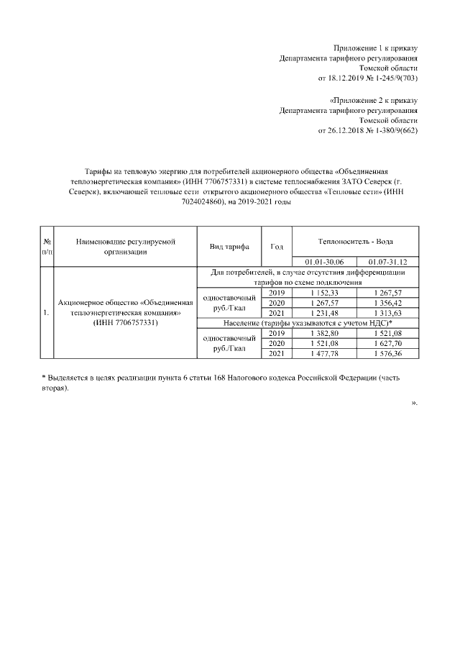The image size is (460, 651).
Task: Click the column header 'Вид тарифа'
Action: pyautogui.click(x=229, y=247)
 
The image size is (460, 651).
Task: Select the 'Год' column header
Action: pyautogui.click(x=277, y=247)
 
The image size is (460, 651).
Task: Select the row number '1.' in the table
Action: pyautogui.click(x=46, y=313)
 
